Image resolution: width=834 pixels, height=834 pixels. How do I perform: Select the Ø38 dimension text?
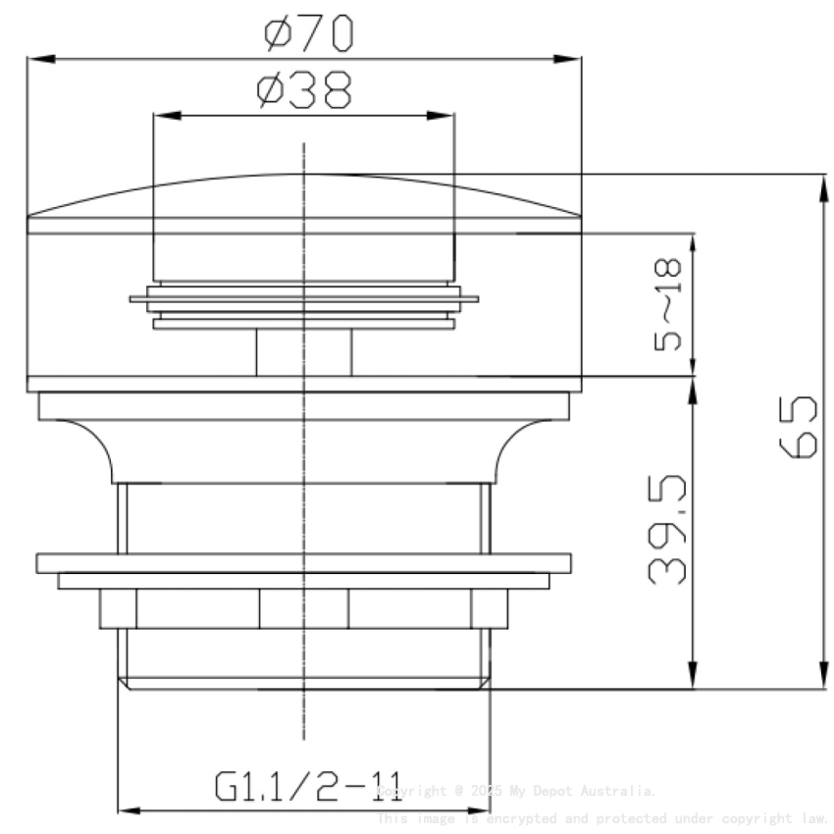point(303,91)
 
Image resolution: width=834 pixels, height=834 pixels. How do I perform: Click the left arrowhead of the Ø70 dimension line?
point(36,59)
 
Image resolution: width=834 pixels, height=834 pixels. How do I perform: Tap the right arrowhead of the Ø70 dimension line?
point(573,59)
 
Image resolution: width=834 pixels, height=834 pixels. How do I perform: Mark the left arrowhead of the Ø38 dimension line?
point(164,116)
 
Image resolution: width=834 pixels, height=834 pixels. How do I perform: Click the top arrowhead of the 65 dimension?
point(820,184)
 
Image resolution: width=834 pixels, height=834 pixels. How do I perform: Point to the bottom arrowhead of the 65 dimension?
point(820,679)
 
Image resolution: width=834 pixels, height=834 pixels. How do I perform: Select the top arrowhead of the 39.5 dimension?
point(694,390)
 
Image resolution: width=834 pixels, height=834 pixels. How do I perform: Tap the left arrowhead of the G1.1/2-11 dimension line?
point(128,810)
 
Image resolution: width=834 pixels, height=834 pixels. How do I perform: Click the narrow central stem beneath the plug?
point(304,352)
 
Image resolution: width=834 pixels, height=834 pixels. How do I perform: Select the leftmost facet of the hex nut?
point(118,608)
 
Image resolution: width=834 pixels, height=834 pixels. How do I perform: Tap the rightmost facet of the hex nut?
point(489,608)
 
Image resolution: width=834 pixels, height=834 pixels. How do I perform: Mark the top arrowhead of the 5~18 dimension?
point(694,243)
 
